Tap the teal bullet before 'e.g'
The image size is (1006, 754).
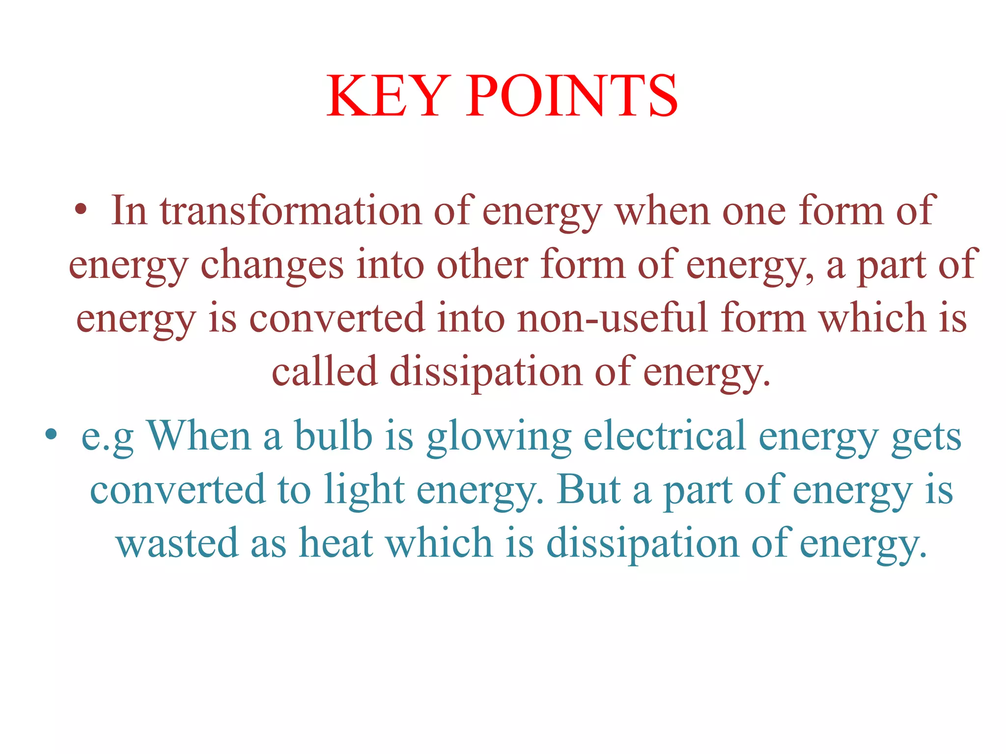coord(51,435)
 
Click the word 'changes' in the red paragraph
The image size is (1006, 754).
coord(272,265)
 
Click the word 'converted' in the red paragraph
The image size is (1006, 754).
coord(337,318)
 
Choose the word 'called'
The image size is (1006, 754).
coord(324,372)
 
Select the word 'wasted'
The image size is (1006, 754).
coord(177,543)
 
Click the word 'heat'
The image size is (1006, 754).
coord(336,543)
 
